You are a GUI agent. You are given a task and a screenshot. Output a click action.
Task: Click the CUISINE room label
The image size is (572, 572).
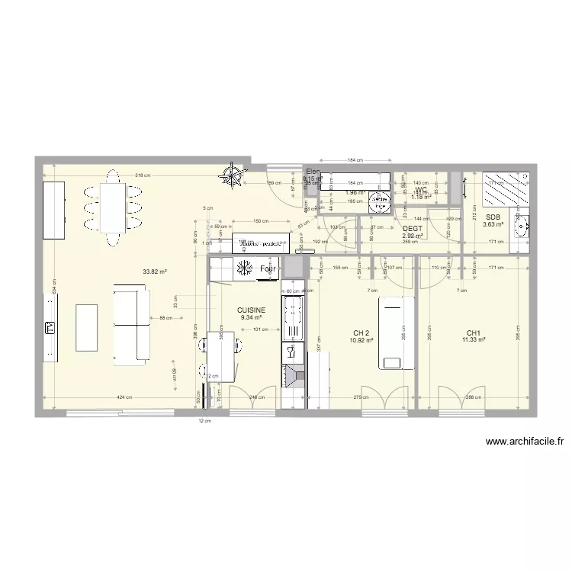pos(251,310)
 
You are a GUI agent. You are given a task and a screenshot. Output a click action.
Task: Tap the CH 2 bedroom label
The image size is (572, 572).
pos(362,333)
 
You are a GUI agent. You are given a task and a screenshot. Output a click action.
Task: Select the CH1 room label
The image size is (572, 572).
pos(474,333)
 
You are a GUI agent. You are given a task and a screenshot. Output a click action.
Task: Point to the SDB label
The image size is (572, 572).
pos(493,217)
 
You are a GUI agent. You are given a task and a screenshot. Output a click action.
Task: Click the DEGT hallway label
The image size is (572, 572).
pos(413,228)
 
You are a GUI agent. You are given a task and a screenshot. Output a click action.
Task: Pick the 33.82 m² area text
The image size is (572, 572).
pos(154,271)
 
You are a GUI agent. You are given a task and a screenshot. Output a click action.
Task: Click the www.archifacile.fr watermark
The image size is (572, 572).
pos(524,442)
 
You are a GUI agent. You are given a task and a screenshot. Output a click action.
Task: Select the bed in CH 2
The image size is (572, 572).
pos(395,333)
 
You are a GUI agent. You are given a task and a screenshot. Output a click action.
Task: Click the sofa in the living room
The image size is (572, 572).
pos(131,323)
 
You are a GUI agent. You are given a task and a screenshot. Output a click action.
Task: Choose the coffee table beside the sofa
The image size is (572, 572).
pos(87,328)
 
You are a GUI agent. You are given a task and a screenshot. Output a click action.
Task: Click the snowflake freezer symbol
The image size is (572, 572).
pos(245,268)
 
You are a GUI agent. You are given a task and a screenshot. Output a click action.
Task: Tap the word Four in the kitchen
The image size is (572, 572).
pos(268,269)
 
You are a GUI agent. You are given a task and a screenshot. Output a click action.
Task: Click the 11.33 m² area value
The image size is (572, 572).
pos(474,340)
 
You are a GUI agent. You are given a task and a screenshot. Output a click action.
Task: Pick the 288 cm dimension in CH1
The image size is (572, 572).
pos(474,397)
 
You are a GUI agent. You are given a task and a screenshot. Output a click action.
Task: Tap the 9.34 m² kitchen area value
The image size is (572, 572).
pos(251,317)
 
